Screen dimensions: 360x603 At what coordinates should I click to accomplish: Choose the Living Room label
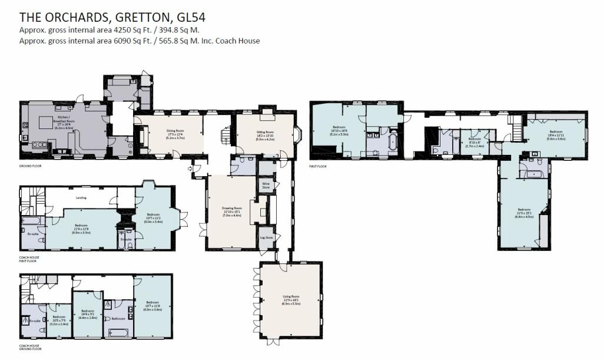[x=291, y=300]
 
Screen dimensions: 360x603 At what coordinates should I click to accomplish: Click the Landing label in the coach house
[x=82, y=197]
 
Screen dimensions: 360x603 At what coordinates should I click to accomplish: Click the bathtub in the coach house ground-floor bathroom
[x=120, y=333]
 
